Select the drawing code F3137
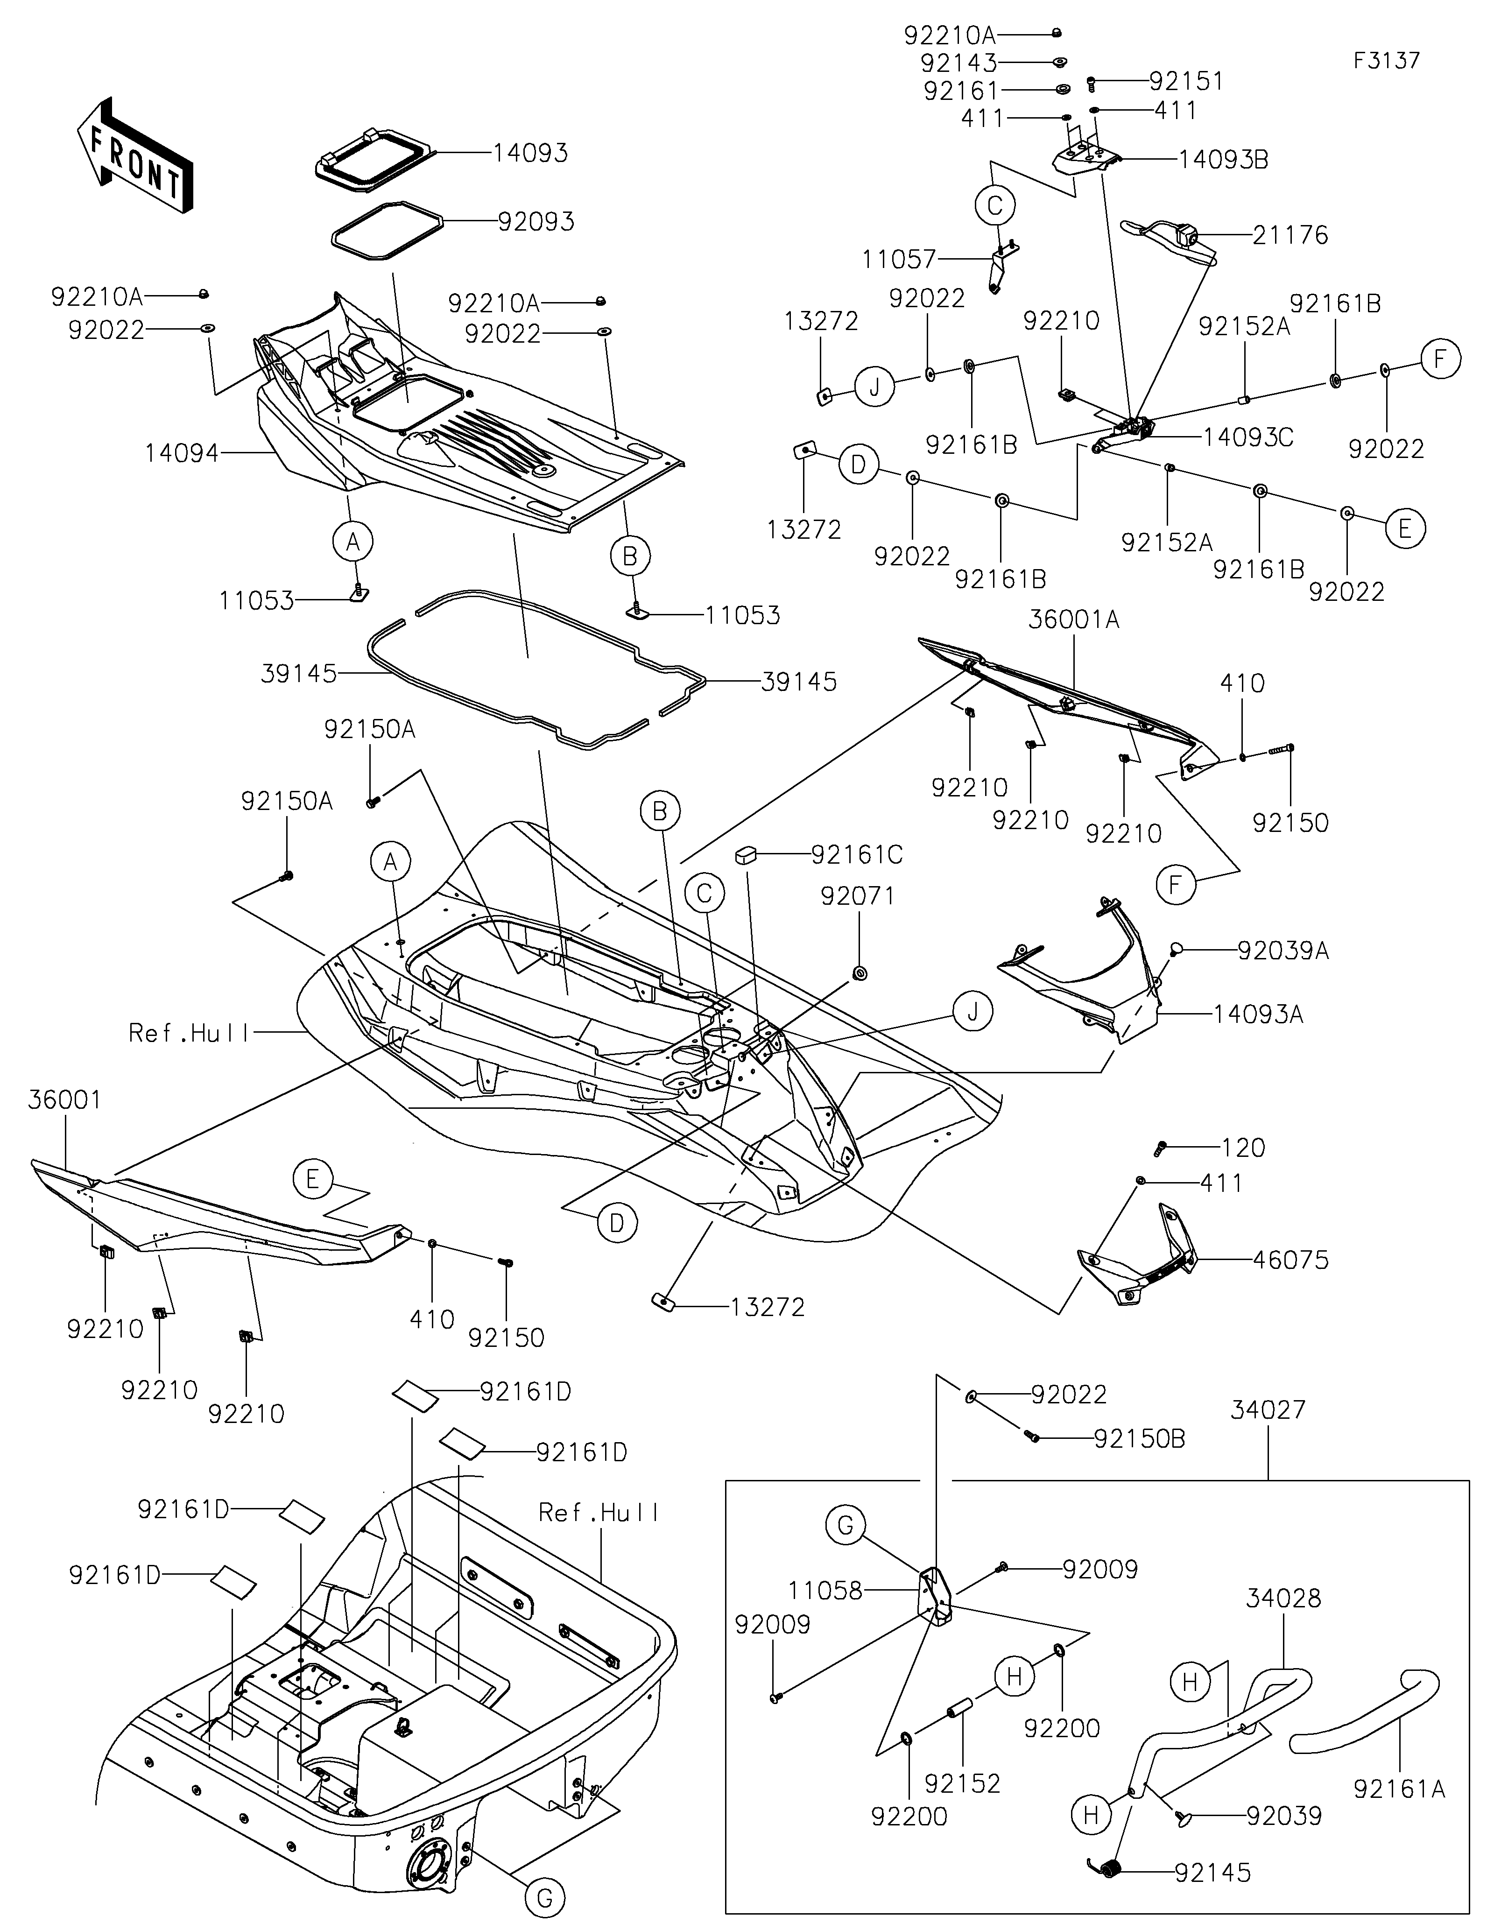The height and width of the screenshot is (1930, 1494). click(x=1386, y=61)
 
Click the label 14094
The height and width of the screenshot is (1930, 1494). click(x=182, y=453)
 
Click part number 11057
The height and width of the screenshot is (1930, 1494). click(x=899, y=259)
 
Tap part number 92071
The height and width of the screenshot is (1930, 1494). click(x=858, y=896)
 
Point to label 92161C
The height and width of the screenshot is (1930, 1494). click(x=857, y=854)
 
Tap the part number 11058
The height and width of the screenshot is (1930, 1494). click(x=825, y=1591)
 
